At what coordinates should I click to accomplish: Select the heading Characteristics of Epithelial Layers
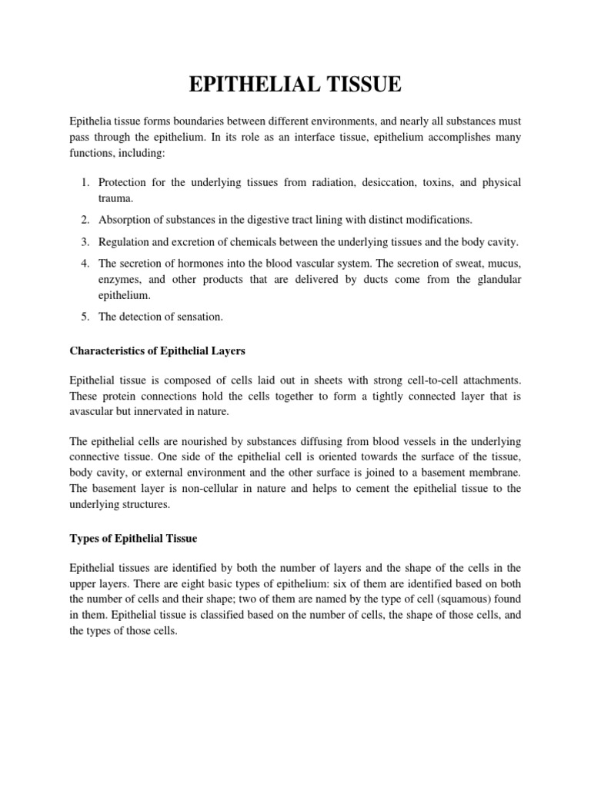(158, 351)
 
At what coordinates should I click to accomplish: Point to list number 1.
(85, 182)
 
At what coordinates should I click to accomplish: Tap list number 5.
(85, 317)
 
